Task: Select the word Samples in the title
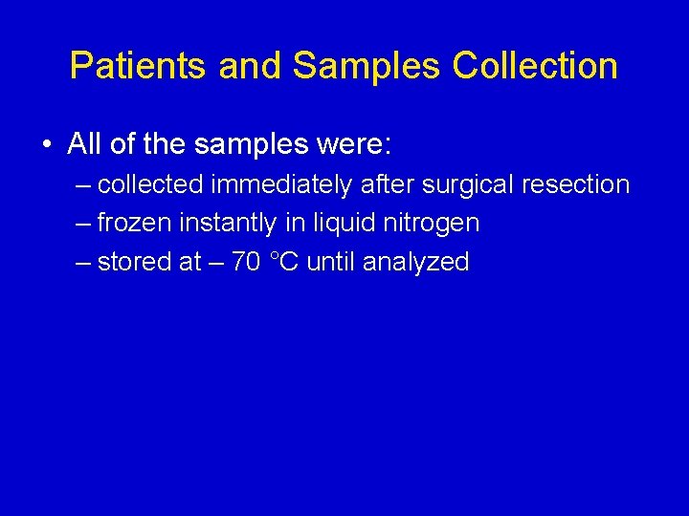click(x=367, y=66)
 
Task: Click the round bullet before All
click(x=46, y=145)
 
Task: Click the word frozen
click(x=135, y=224)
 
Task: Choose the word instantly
click(x=229, y=224)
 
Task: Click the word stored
click(x=134, y=262)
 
